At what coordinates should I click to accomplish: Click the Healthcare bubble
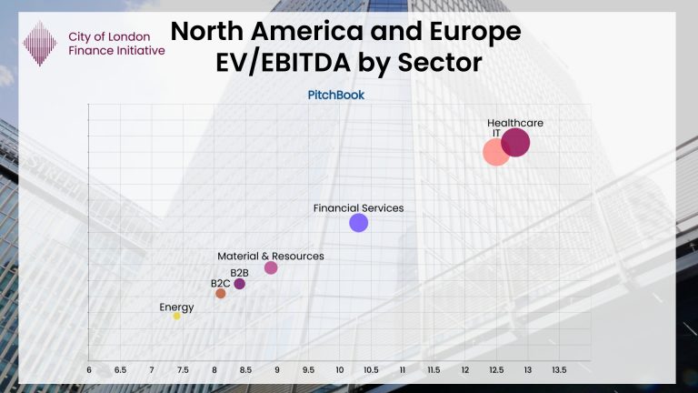pyautogui.click(x=515, y=143)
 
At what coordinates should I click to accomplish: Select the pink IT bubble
pyautogui.click(x=495, y=152)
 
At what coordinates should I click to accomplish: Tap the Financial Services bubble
pyautogui.click(x=359, y=223)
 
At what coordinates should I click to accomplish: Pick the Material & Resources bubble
pyautogui.click(x=271, y=267)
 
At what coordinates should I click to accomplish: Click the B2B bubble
pyautogui.click(x=240, y=284)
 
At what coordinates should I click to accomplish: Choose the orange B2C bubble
pyautogui.click(x=220, y=294)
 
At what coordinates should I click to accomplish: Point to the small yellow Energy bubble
pyautogui.click(x=176, y=316)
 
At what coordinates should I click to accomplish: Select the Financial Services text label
pyautogui.click(x=358, y=208)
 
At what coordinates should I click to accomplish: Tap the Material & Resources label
pyautogui.click(x=270, y=257)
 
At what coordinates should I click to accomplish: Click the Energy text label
pyautogui.click(x=176, y=307)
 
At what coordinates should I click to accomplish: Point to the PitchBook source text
pyautogui.click(x=337, y=94)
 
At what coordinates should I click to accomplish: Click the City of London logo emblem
pyautogui.click(x=40, y=43)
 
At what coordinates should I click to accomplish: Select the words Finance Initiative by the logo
pyautogui.click(x=116, y=51)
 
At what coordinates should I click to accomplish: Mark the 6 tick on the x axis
pyautogui.click(x=89, y=370)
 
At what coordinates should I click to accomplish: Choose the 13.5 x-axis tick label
pyautogui.click(x=559, y=370)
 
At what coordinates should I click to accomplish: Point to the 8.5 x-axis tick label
pyautogui.click(x=245, y=370)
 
